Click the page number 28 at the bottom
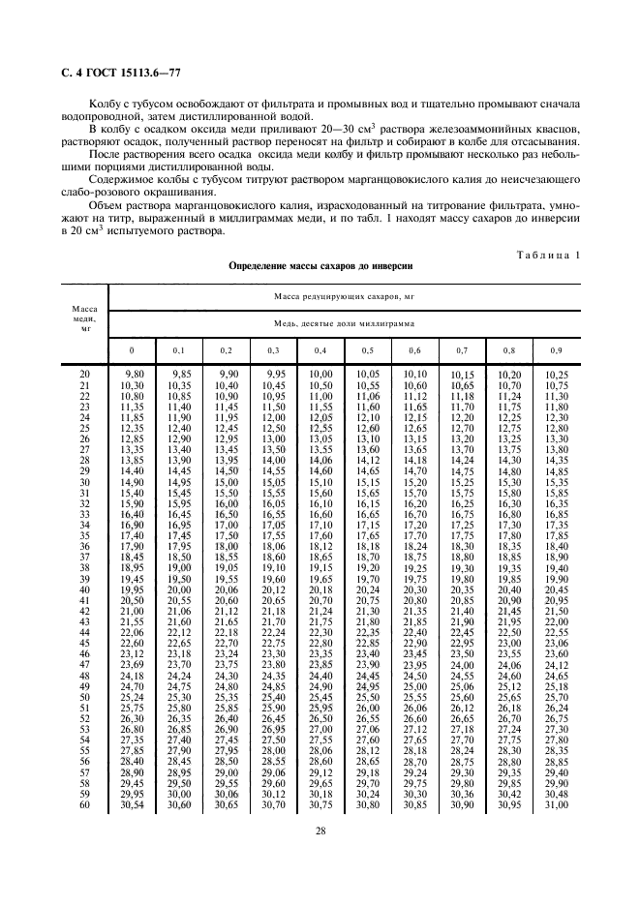[x=319, y=831]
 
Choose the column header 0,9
[x=556, y=349]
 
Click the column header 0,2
[x=227, y=349]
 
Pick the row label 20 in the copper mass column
[x=84, y=374]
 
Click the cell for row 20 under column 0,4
[x=320, y=374]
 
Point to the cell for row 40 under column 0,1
[x=179, y=589]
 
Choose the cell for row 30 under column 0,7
[x=462, y=481]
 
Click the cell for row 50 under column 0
[x=132, y=696]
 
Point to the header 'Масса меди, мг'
[x=84, y=318]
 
